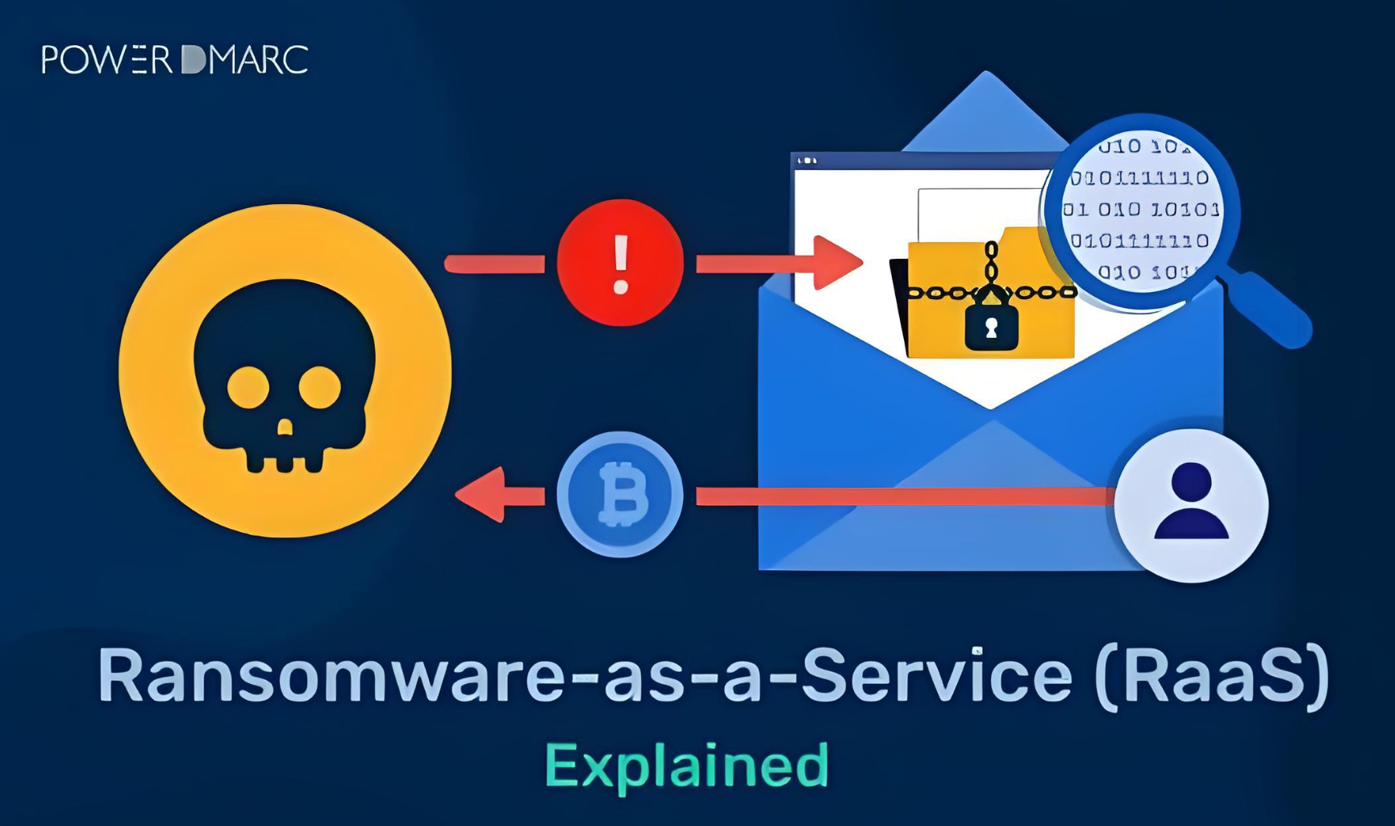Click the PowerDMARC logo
pos(174,60)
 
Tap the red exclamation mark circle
pos(620,263)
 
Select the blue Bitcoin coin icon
pos(620,494)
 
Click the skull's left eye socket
pos(248,387)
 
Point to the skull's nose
pos(285,427)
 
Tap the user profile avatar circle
pos(1191,506)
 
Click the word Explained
pos(687,765)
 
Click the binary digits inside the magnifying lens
pos(1139,209)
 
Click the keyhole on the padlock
pos(991,328)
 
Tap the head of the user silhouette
pos(1191,482)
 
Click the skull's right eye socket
pos(320,387)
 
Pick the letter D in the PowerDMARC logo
pos(194,60)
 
